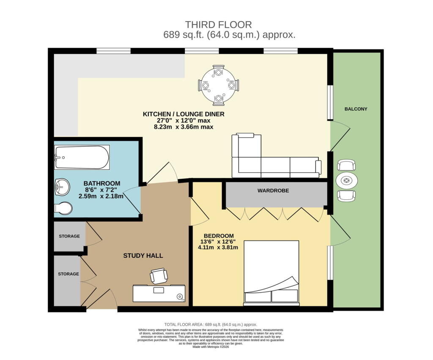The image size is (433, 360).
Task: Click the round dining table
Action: pyautogui.click(x=219, y=85)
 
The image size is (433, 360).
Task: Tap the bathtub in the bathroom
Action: pyautogui.click(x=82, y=157)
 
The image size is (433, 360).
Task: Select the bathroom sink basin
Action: pyautogui.click(x=62, y=187)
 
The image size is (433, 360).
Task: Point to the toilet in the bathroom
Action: pyautogui.click(x=63, y=208)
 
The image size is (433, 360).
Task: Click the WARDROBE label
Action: pyautogui.click(x=273, y=191)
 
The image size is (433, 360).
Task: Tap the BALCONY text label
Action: pyautogui.click(x=356, y=109)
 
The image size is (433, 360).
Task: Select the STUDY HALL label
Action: pyautogui.click(x=143, y=256)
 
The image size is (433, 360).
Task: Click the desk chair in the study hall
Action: pyautogui.click(x=159, y=275)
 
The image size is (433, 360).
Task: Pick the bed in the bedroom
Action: pyautogui.click(x=271, y=273)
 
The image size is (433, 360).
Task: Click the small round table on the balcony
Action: pyautogui.click(x=347, y=181)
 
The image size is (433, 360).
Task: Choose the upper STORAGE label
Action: pyautogui.click(x=69, y=236)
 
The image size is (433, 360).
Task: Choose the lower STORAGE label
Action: pyautogui.click(x=69, y=274)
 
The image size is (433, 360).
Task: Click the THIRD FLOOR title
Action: pyautogui.click(x=218, y=25)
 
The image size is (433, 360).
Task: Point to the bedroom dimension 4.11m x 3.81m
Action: pyautogui.click(x=218, y=248)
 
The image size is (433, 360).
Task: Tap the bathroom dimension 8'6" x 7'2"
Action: pyautogui.click(x=101, y=190)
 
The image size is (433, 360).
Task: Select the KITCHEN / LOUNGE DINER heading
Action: pyautogui.click(x=184, y=114)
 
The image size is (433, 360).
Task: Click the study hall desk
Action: pyautogui.click(x=159, y=294)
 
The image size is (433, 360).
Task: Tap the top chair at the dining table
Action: pyautogui.click(x=219, y=71)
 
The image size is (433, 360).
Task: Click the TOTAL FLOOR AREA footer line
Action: pyautogui.click(x=211, y=325)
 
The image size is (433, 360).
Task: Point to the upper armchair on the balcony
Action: pyautogui.click(x=346, y=166)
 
